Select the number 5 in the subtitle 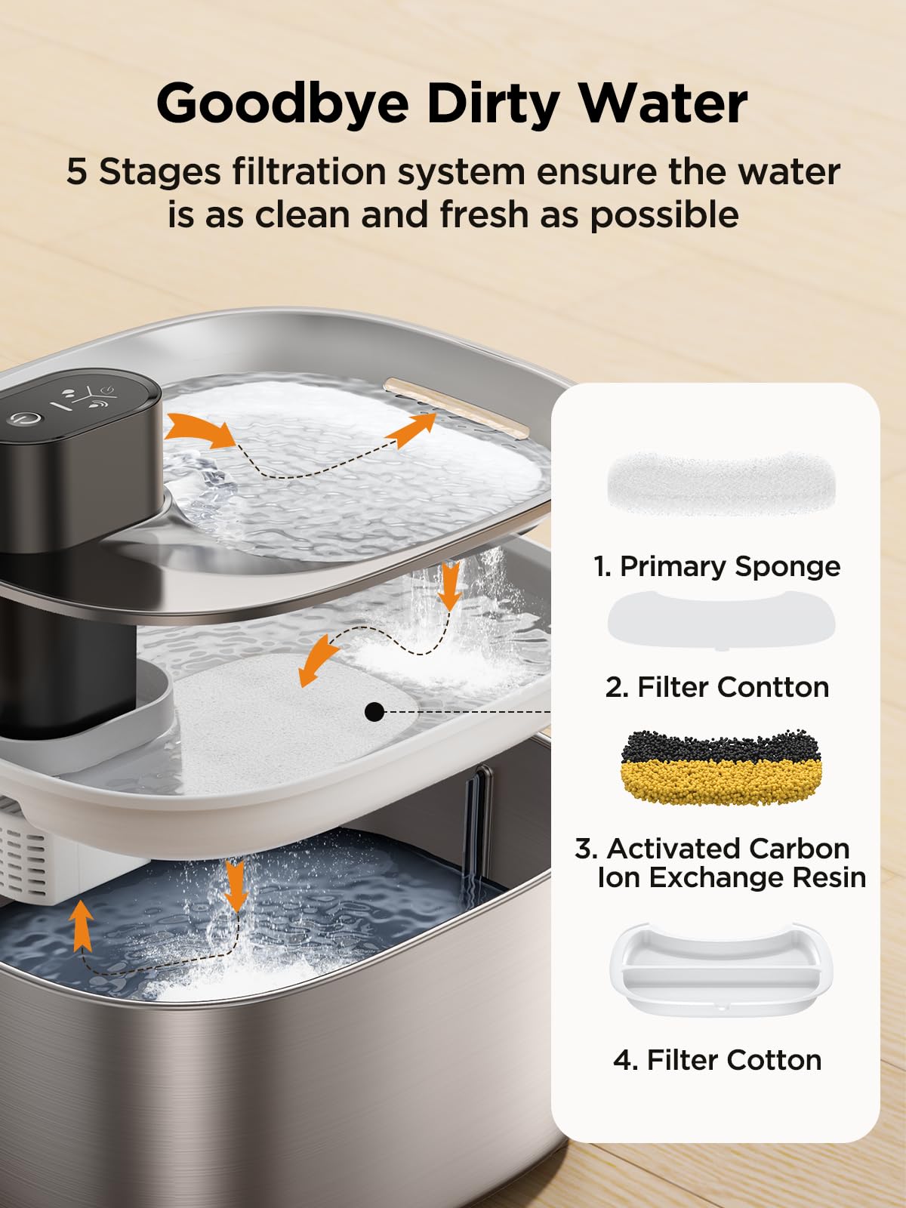click(76, 172)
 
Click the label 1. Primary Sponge click(717, 566)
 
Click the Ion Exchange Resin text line click(731, 877)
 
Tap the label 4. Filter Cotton click(717, 1060)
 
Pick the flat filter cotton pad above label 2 click(721, 619)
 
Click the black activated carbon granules click(721, 747)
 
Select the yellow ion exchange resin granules click(721, 781)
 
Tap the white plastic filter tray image click(716, 970)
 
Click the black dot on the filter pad click(374, 711)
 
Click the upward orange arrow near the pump click(82, 925)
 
